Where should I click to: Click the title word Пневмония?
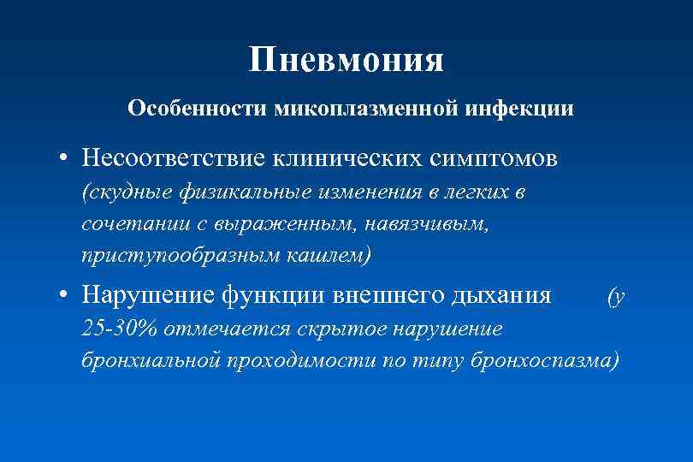click(x=346, y=60)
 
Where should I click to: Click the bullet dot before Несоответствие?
click(x=65, y=159)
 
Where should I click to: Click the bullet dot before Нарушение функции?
click(x=65, y=296)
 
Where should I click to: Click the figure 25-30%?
click(x=120, y=329)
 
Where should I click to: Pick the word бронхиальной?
click(x=151, y=359)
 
